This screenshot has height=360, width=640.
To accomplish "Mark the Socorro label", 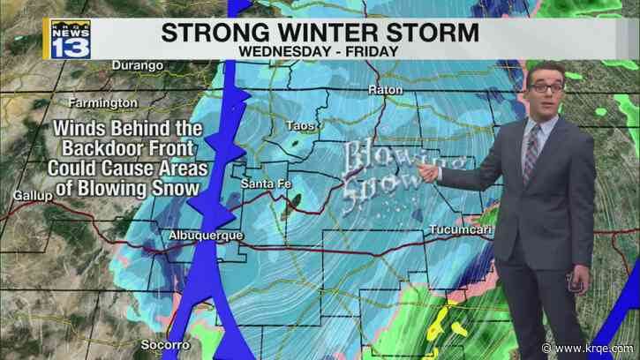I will click(162, 344).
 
